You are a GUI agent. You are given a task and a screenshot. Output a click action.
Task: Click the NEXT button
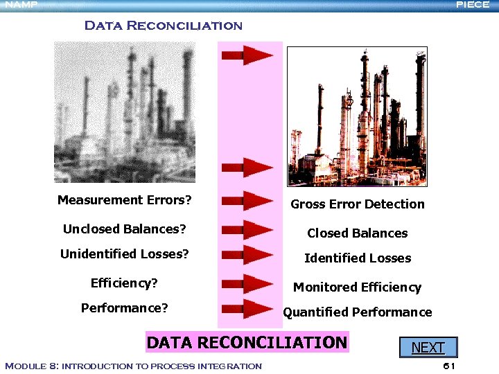(428, 347)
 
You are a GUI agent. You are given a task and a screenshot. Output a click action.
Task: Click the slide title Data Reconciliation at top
(163, 26)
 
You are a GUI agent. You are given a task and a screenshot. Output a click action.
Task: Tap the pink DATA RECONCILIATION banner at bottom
(247, 342)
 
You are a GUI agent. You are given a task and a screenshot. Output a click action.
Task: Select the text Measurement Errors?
(124, 200)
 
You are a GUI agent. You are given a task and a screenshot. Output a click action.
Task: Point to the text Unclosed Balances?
(125, 229)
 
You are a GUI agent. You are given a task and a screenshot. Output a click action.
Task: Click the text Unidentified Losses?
(125, 254)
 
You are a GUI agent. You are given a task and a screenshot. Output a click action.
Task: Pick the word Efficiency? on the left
(124, 283)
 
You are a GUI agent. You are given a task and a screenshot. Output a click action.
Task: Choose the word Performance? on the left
(124, 308)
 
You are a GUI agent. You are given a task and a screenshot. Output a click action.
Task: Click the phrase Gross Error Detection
(358, 204)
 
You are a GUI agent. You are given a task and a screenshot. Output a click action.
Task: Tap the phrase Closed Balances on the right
(358, 233)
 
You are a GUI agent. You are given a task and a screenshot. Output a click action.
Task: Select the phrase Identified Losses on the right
(358, 258)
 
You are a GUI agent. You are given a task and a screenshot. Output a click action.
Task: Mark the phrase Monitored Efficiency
(357, 287)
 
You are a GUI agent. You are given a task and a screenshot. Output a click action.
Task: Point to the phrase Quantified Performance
(357, 312)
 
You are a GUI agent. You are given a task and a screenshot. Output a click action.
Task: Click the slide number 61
(448, 366)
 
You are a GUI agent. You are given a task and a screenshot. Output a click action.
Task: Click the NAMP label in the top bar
(21, 4)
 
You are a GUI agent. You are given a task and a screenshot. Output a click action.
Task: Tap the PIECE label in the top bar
(473, 4)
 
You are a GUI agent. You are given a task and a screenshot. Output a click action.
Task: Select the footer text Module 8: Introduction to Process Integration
(133, 366)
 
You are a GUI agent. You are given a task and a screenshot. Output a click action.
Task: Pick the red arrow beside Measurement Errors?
(247, 202)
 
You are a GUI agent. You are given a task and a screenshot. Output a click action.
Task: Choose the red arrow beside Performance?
(247, 309)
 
